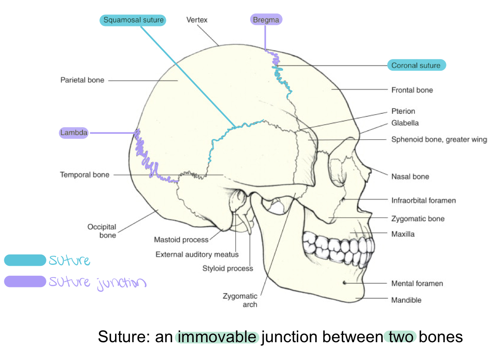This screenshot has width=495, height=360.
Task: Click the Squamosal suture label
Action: [133, 20]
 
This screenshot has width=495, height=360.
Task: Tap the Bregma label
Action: [266, 20]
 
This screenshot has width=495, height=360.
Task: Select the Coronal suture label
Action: [416, 66]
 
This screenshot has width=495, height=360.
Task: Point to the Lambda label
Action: [74, 133]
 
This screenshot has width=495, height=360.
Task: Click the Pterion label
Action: [403, 111]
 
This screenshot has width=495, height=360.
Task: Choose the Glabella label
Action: [405, 123]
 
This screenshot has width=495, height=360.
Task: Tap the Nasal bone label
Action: [410, 177]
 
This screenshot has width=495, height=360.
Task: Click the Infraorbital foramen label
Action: [423, 201]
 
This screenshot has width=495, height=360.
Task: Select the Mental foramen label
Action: [417, 284]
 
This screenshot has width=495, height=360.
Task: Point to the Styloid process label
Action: [228, 268]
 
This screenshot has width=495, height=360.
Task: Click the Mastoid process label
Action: [181, 240]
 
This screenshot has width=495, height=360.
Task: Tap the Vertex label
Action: [197, 20]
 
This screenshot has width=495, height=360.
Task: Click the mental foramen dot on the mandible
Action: [344, 283]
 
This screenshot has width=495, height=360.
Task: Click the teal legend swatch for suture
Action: [25, 260]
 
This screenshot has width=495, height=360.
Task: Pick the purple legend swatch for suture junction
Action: [25, 281]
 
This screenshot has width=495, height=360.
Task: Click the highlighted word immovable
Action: [217, 337]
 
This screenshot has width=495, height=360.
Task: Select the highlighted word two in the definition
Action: [400, 337]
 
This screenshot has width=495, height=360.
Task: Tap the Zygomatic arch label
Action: [240, 300]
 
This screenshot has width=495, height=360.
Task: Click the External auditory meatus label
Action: [197, 254]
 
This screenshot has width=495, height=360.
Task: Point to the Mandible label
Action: [406, 300]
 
